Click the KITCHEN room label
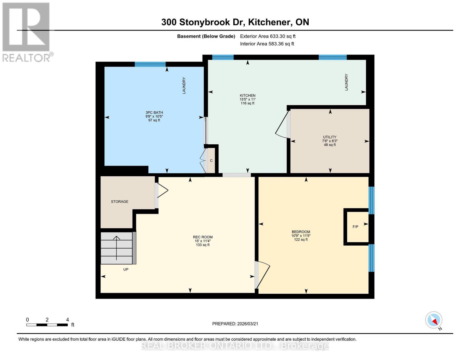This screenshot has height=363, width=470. (x=248, y=96)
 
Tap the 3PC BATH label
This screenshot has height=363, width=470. (x=154, y=113)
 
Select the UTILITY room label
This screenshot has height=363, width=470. (x=330, y=137)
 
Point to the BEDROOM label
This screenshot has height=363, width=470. (x=301, y=232)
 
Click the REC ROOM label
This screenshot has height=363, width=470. (x=203, y=237)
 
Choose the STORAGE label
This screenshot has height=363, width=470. (x=120, y=201)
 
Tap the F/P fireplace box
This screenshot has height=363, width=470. (x=356, y=227)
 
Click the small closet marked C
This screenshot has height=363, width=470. (x=211, y=160)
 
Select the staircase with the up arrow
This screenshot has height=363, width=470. (x=117, y=248)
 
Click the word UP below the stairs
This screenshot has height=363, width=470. (x=126, y=269)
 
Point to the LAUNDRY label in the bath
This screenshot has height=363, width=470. (x=184, y=86)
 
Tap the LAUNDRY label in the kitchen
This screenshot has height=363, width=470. (x=347, y=82)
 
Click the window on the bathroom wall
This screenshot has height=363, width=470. (x=150, y=64)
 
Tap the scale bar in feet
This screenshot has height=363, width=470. (x=47, y=325)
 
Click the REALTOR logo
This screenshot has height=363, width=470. (x=27, y=32)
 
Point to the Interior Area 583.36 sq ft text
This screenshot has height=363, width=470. (x=267, y=44)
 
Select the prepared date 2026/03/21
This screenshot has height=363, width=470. (x=235, y=324)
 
